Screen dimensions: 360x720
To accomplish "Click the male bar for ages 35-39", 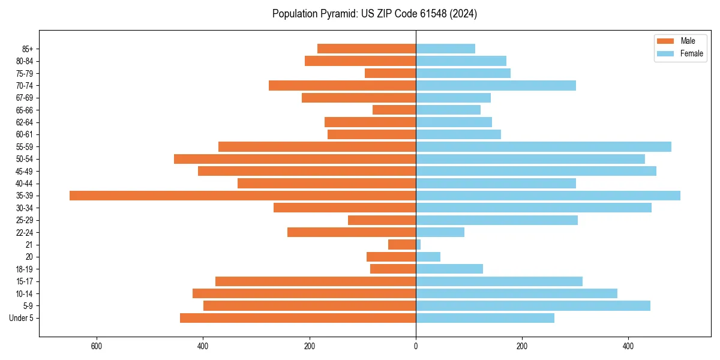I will pos(242,196).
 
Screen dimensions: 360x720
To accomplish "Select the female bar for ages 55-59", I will pos(543,146).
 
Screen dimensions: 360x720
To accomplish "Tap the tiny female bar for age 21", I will pos(418,244).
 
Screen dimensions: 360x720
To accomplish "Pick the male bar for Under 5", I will pos(298,318).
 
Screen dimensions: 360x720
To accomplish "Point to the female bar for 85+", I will pos(445,49).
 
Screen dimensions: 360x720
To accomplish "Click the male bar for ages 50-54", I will pos(295,159).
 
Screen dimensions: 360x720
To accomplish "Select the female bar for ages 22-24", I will pos(440,232).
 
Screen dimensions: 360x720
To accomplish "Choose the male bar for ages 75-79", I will pos(390,73).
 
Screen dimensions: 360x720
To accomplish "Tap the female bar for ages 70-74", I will pos(496,85).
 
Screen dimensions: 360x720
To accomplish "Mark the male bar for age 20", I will pos(391,257).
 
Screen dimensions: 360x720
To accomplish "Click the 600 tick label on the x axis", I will pos(96,346).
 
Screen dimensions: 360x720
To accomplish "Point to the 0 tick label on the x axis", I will pos(416,346).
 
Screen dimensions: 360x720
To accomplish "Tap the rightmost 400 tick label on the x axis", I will pos(628,346).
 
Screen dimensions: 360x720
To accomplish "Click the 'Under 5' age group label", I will pos(22,318).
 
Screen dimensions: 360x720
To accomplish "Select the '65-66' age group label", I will pos(25,110).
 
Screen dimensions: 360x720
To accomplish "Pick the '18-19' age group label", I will pos(25,269).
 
